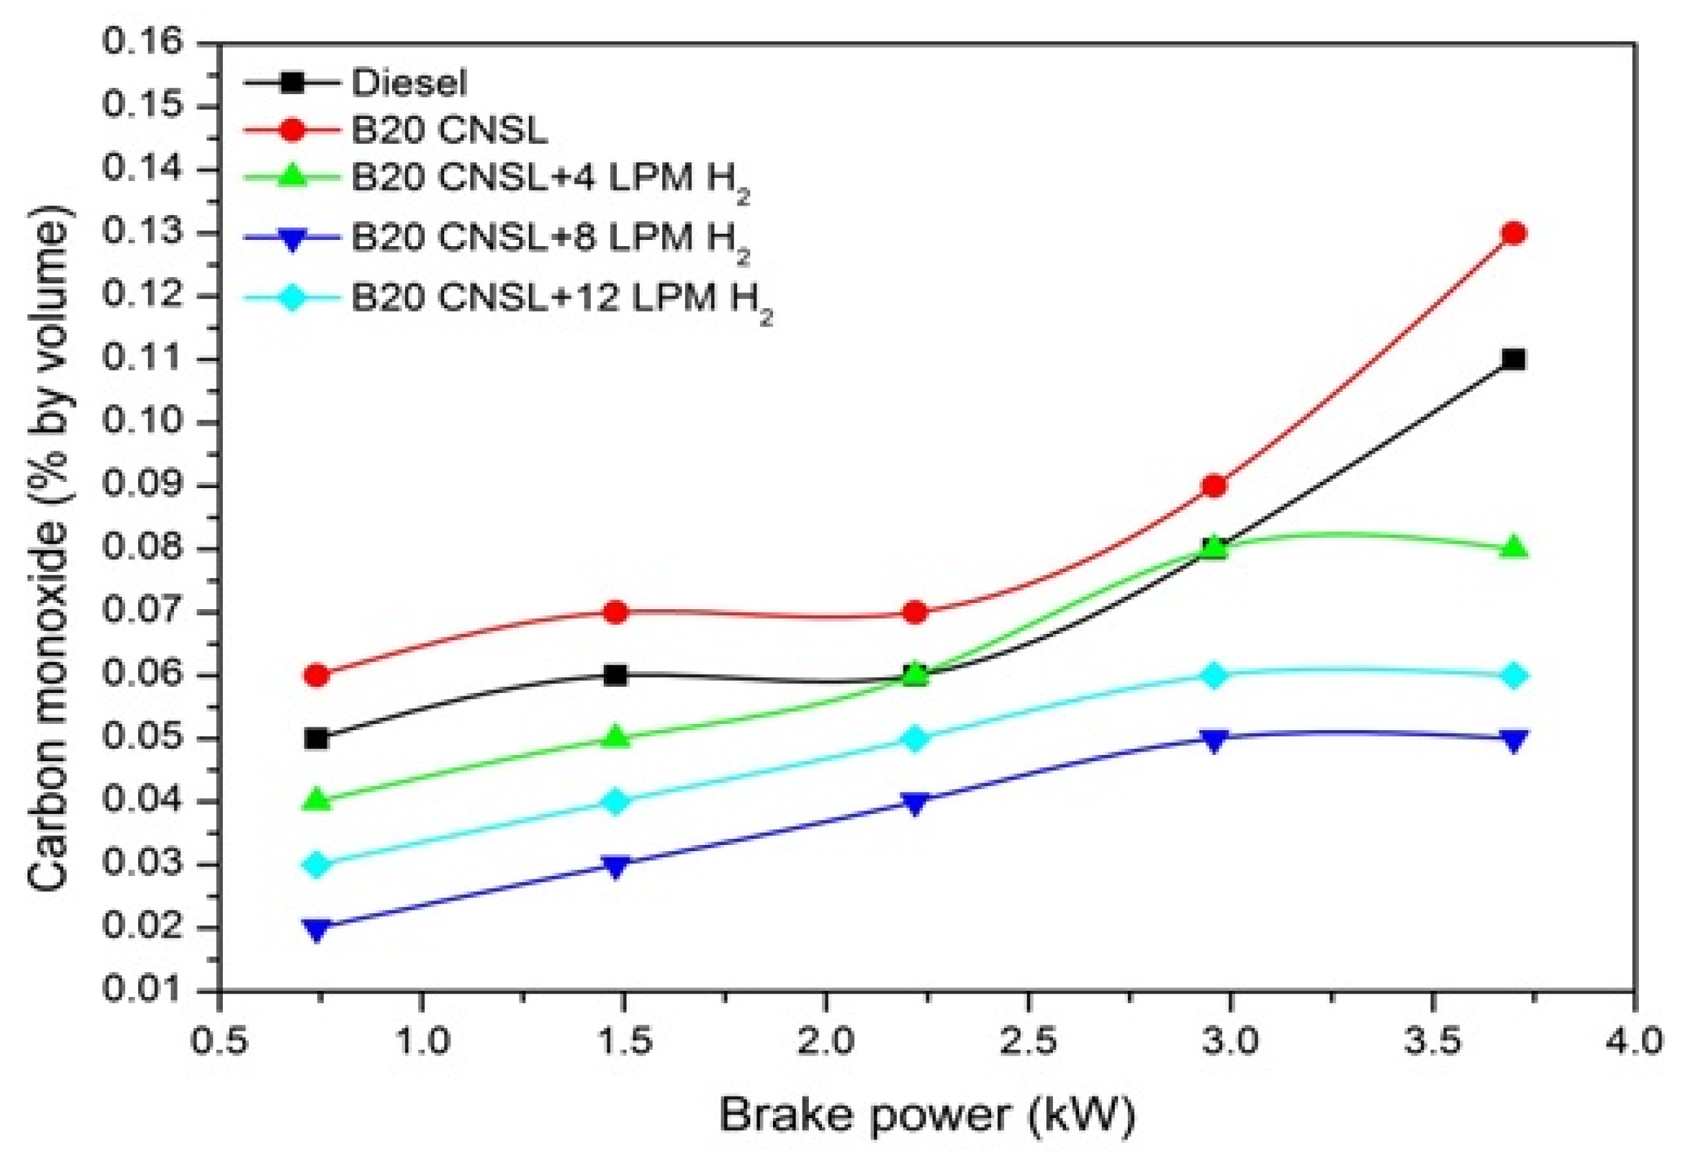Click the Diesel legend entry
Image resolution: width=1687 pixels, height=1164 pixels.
point(408,83)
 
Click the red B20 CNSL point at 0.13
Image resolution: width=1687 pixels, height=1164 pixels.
point(1514,233)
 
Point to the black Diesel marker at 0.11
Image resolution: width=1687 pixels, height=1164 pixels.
point(1514,360)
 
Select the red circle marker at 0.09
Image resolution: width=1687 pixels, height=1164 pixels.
point(1214,485)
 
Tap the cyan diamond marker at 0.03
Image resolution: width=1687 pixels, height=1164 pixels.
point(316,865)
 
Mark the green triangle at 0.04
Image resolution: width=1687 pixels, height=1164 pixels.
point(316,800)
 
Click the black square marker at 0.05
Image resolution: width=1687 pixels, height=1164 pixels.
point(316,739)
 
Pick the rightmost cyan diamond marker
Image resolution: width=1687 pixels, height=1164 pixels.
point(1514,675)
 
